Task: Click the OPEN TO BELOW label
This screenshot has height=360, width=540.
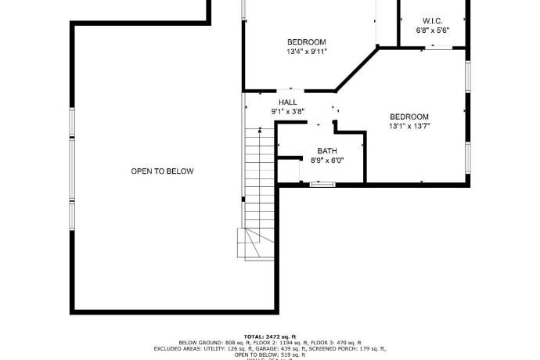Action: pyautogui.click(x=162, y=171)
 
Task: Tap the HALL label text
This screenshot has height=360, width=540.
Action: pyautogui.click(x=287, y=103)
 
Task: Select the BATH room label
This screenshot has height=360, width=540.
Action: pyautogui.click(x=326, y=150)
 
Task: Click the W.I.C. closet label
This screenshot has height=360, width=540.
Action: pyautogui.click(x=432, y=20)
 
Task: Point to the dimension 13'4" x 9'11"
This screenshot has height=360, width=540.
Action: pyautogui.click(x=306, y=52)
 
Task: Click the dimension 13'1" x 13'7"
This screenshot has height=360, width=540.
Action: pyautogui.click(x=409, y=125)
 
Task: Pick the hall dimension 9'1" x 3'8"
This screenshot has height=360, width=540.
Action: pyautogui.click(x=287, y=112)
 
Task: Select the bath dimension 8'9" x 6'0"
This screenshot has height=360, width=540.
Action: pyautogui.click(x=326, y=160)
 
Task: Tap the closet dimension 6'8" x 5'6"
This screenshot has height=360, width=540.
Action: pyautogui.click(x=432, y=31)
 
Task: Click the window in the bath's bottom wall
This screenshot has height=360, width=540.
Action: pyautogui.click(x=322, y=184)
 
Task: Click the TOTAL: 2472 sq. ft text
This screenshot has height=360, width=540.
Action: pyautogui.click(x=269, y=337)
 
